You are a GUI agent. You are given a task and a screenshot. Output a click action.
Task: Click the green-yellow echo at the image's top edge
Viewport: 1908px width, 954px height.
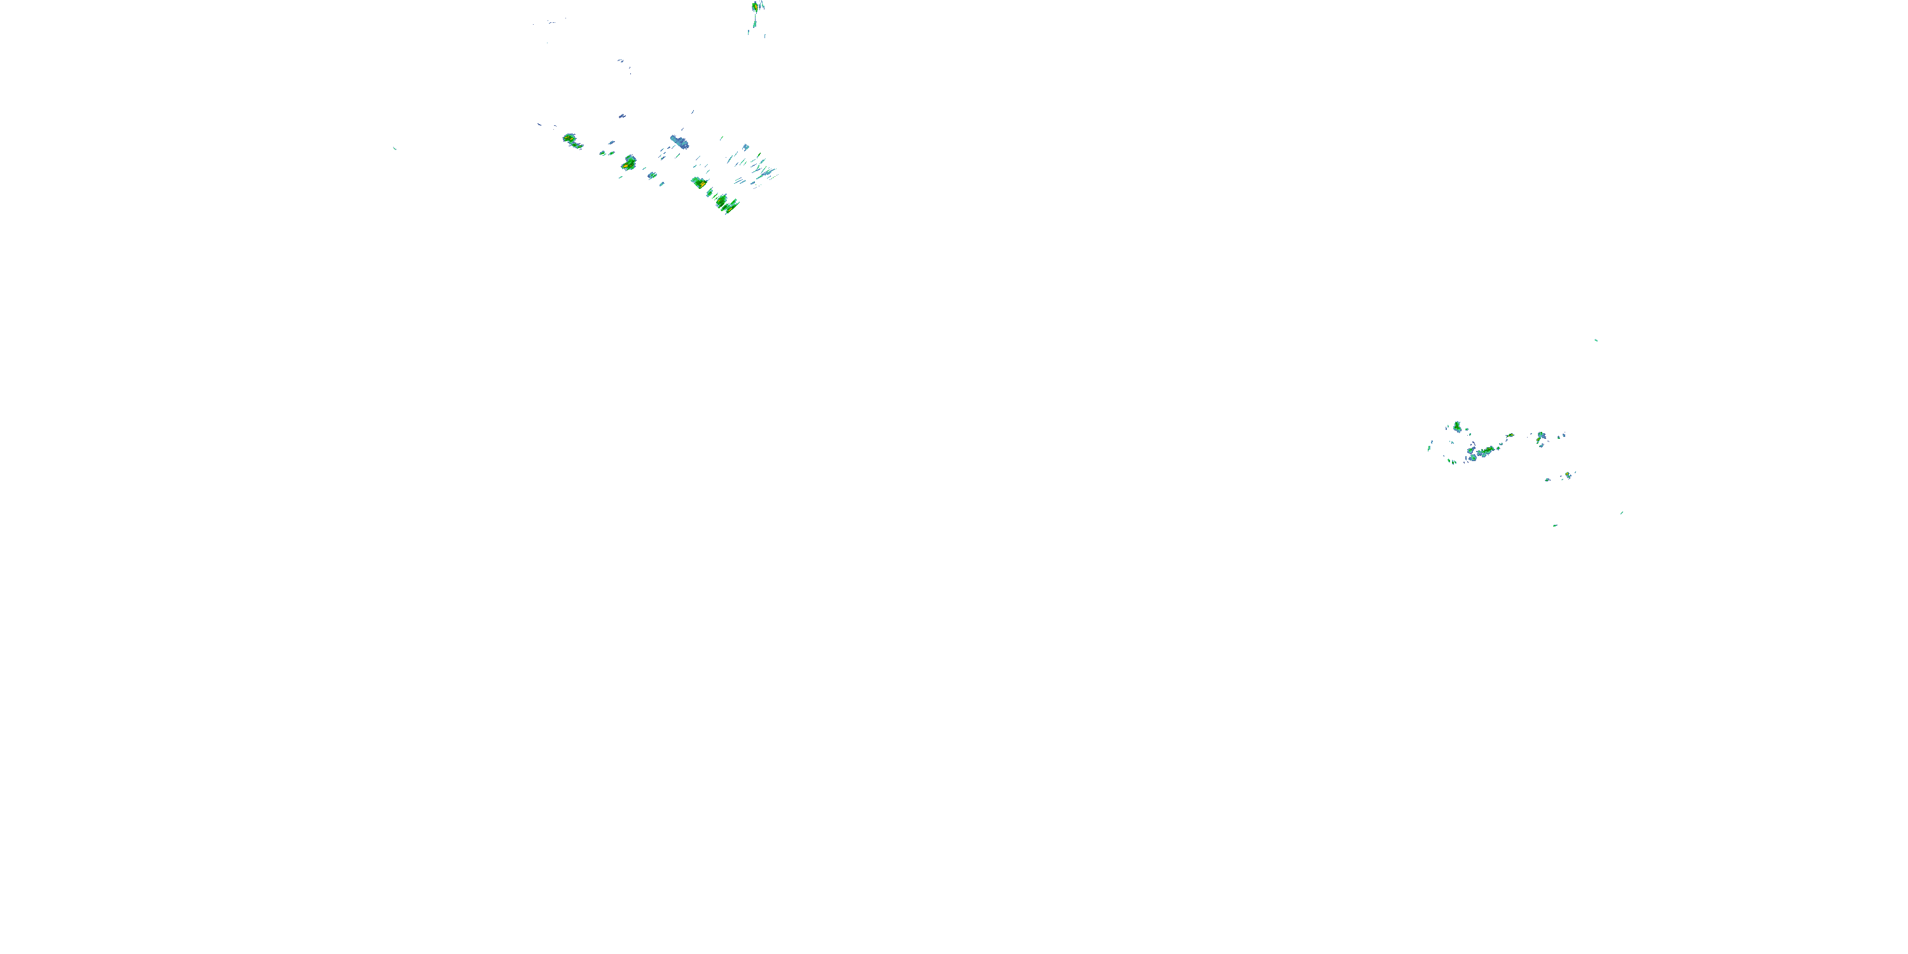[x=755, y=6]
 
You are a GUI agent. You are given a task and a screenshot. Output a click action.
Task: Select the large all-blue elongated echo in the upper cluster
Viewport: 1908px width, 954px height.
[x=679, y=141]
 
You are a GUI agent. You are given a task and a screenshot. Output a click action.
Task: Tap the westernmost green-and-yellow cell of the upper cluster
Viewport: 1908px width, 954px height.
[x=570, y=139]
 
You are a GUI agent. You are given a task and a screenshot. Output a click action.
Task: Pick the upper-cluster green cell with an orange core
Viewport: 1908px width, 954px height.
[x=629, y=162]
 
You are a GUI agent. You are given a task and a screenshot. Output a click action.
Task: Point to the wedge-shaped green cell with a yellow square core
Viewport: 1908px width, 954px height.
[x=698, y=181]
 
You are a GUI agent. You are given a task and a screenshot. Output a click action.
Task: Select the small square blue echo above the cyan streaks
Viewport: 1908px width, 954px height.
[x=746, y=147]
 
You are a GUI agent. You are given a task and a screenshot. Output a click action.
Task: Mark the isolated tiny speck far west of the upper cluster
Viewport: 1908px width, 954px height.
[x=394, y=148]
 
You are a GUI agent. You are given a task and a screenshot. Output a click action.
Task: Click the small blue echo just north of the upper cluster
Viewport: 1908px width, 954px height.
[x=621, y=116]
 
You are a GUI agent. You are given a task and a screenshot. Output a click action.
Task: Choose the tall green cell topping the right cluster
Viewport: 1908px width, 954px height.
[x=1457, y=427]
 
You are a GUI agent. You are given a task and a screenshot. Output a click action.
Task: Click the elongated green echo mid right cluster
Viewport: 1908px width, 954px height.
[x=1485, y=451]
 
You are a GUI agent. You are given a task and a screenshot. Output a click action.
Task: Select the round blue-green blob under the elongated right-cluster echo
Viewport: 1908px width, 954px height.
[x=1473, y=457]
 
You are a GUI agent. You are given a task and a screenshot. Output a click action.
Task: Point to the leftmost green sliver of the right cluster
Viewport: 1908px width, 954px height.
[x=1430, y=446]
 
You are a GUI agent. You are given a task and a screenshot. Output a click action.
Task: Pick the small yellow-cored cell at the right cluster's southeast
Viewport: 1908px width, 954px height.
[x=1568, y=475]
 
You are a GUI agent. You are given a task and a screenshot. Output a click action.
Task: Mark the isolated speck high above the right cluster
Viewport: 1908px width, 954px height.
[x=1596, y=340]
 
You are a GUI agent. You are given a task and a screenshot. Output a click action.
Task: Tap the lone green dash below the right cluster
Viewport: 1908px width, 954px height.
[x=1554, y=525]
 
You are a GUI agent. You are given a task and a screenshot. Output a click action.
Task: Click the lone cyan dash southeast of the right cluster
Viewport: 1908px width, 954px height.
[x=1621, y=513]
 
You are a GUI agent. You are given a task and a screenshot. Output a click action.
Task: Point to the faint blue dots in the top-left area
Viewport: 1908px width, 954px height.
[x=552, y=22]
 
